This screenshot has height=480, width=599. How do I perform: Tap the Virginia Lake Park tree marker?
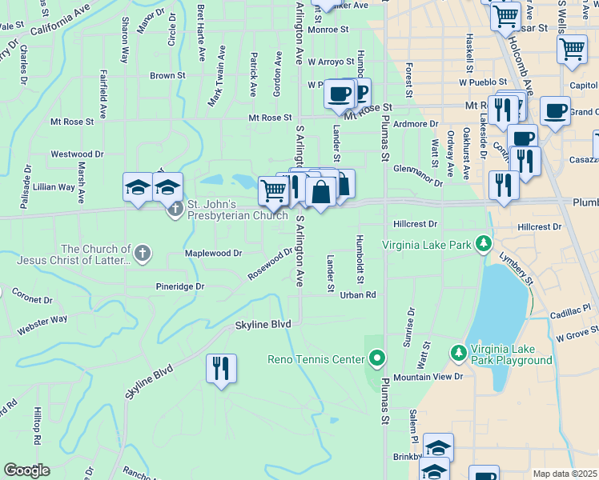tap(483, 242)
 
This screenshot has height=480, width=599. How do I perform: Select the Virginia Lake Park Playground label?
tap(512, 354)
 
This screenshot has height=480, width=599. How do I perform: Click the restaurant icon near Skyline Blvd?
tap(219, 368)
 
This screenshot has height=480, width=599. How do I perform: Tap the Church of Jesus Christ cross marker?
tap(142, 254)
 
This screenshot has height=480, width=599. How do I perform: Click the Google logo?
tap(26, 470)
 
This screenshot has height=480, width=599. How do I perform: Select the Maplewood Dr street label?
tap(213, 253)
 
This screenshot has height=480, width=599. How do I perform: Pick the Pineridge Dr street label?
tap(180, 286)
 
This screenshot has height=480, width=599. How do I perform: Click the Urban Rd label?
tap(357, 294)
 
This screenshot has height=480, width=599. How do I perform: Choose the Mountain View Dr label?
tap(428, 376)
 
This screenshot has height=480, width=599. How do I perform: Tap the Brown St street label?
tap(167, 76)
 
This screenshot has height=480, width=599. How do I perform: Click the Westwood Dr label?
tap(77, 154)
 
